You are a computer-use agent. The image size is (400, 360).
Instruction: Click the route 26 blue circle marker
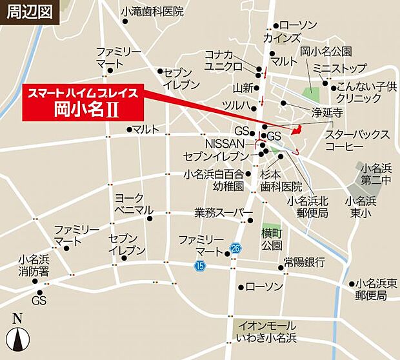[235, 248]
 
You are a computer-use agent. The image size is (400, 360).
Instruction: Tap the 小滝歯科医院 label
[152, 12]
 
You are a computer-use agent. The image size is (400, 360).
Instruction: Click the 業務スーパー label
[221, 212]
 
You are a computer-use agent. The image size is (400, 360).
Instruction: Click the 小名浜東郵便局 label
[372, 290]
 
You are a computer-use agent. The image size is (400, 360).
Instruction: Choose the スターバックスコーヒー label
[357, 141]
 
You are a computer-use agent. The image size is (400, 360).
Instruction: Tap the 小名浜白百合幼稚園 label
[214, 180]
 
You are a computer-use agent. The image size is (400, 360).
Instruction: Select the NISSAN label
[224, 143]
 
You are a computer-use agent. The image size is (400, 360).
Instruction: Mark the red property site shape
[297, 130]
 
